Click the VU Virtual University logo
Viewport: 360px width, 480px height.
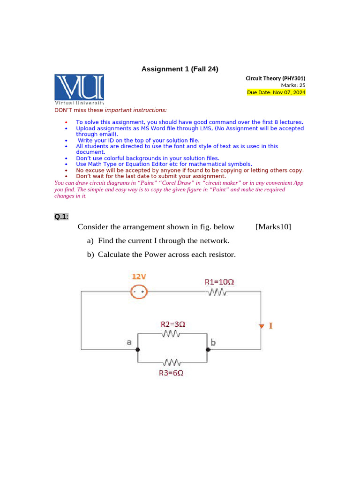pos(79,89)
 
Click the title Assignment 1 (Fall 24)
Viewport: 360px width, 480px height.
pos(180,69)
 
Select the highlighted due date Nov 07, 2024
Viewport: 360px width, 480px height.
pos(276,92)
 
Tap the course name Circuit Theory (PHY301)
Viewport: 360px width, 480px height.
pos(276,78)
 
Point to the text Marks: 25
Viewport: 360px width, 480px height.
pos(293,85)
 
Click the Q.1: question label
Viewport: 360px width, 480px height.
pos(61,217)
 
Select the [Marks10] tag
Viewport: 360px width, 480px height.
pos(273,227)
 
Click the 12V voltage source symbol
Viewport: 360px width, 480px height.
pos(138,292)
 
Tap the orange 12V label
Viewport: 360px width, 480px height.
pos(139,277)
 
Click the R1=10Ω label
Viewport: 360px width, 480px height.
pos(219,282)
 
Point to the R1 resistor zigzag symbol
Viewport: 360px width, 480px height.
pos(217,292)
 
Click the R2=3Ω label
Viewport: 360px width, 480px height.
pos(173,324)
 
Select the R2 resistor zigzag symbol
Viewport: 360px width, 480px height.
pos(171,334)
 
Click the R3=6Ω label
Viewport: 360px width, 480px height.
pos(171,373)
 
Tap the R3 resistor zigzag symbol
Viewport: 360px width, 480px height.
pos(172,362)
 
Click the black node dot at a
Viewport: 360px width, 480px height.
pos(137,350)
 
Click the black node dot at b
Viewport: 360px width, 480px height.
pos(207,350)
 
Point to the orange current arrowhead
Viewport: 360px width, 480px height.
pos(261,326)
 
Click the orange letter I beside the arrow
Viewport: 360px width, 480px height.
pos(270,325)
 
